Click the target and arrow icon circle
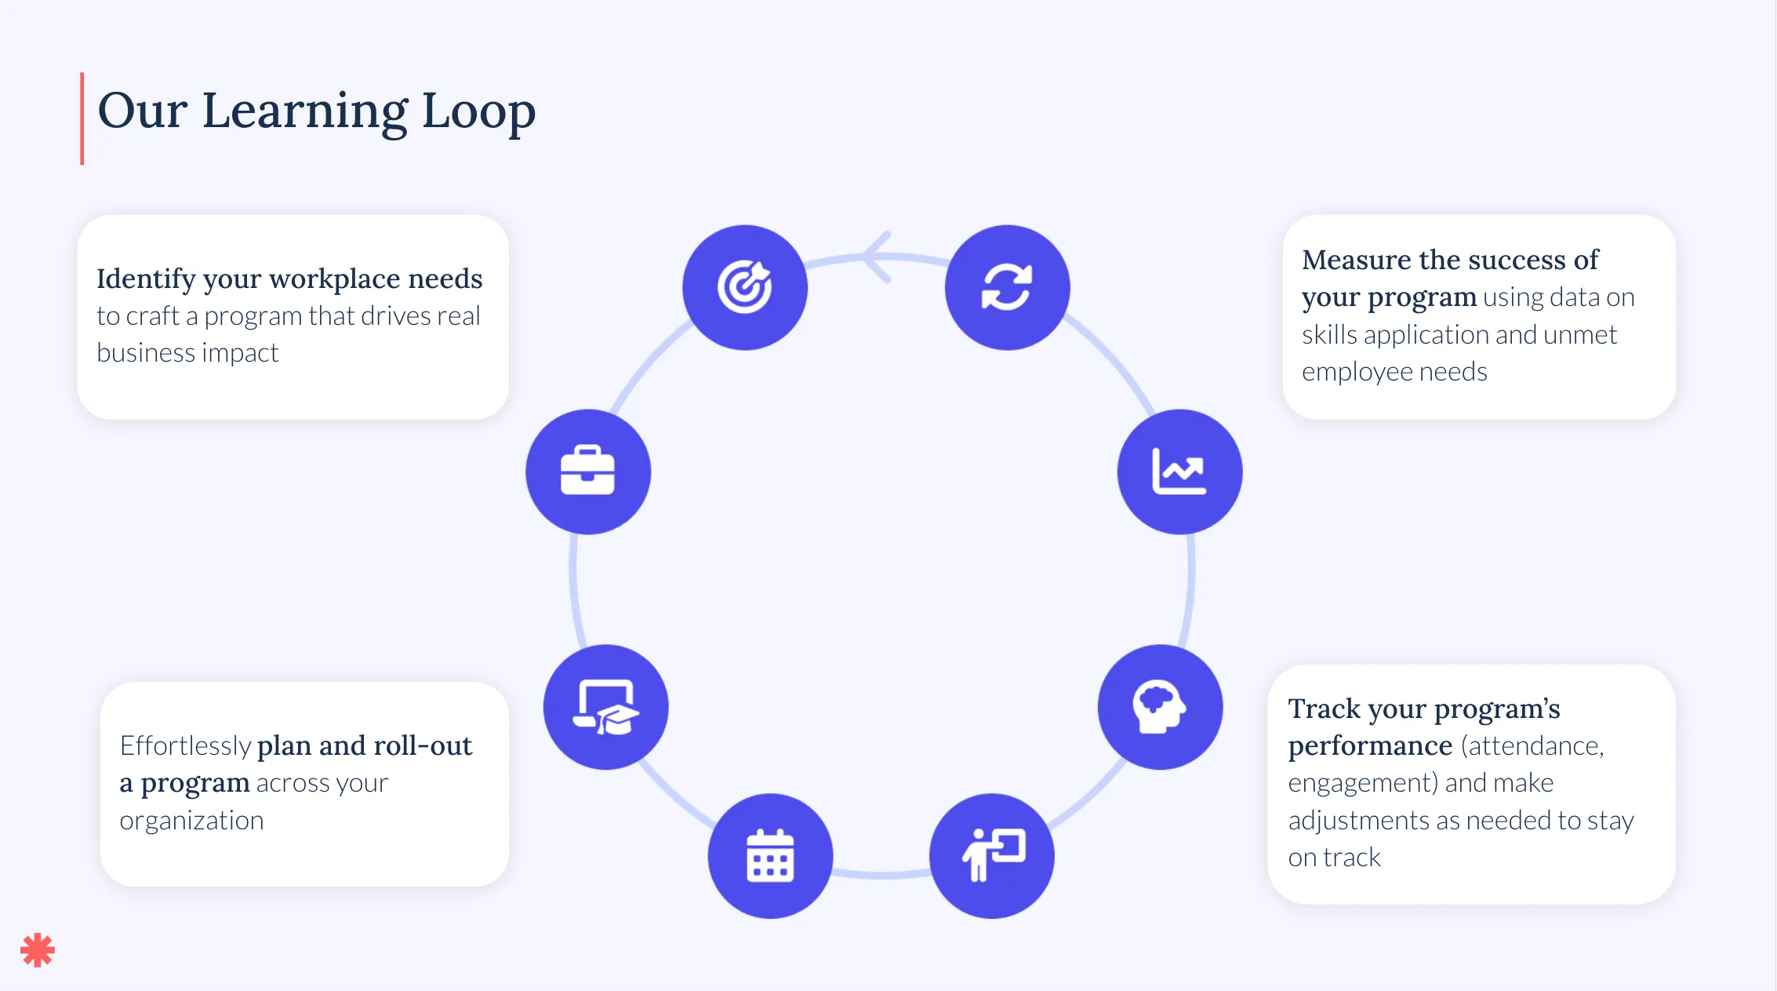[x=745, y=287]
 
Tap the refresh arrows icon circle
[x=1008, y=287]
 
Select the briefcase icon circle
[x=588, y=472]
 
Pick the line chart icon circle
[x=1179, y=472]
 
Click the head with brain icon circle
[x=1160, y=707]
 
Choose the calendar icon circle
[x=770, y=856]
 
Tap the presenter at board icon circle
[x=992, y=856]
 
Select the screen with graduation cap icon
[x=606, y=707]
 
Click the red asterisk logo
[x=38, y=950]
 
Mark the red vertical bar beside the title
[x=82, y=118]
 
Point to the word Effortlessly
[x=185, y=745]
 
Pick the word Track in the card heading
[x=1324, y=709]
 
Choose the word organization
[x=191, y=822]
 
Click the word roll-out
[x=423, y=745]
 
